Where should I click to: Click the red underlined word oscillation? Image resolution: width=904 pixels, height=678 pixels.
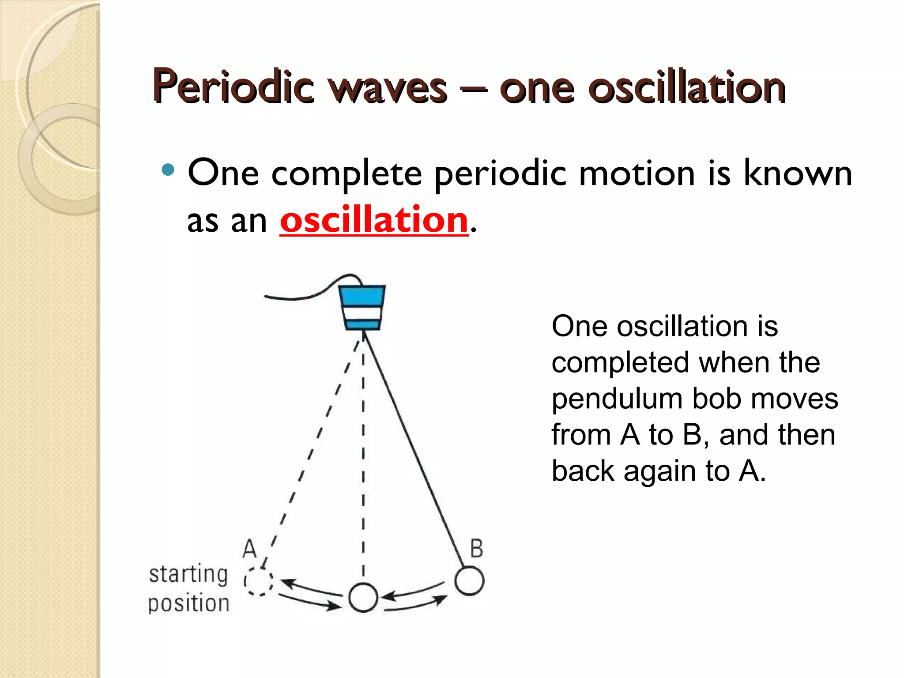point(373,220)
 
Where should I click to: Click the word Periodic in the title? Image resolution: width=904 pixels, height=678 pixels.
point(233,87)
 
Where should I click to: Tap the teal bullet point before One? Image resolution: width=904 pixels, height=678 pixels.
point(168,169)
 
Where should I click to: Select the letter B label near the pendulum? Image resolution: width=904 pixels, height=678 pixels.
point(476,549)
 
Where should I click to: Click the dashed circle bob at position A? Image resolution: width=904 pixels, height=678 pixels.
point(259,581)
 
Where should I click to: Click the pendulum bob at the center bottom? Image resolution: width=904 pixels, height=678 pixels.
point(363,597)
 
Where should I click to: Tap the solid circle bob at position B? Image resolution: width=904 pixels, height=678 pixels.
point(469,581)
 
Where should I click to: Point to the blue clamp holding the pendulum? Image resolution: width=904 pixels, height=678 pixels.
point(362,307)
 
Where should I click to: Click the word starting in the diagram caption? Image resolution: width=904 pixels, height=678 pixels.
point(188,574)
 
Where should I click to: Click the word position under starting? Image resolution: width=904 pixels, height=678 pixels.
point(188,603)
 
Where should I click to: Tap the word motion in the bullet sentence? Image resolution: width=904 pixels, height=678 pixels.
point(637,173)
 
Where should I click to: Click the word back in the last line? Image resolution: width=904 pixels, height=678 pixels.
point(583,471)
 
